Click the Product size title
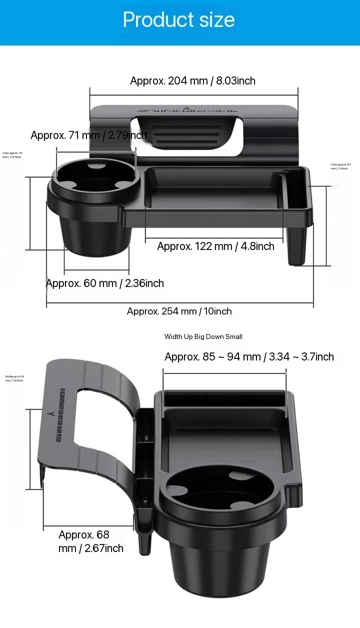click(x=179, y=20)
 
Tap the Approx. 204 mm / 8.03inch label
click(x=192, y=80)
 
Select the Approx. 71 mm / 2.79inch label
click(x=88, y=135)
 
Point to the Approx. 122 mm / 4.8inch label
click(x=215, y=246)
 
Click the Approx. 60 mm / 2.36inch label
click(x=105, y=283)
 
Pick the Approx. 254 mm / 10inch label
click(x=179, y=311)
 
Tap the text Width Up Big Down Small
click(x=203, y=336)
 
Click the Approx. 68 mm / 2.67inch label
click(x=90, y=541)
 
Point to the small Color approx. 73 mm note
click(x=12, y=155)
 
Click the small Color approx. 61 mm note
click(x=341, y=166)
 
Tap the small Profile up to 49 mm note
click(x=14, y=378)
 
